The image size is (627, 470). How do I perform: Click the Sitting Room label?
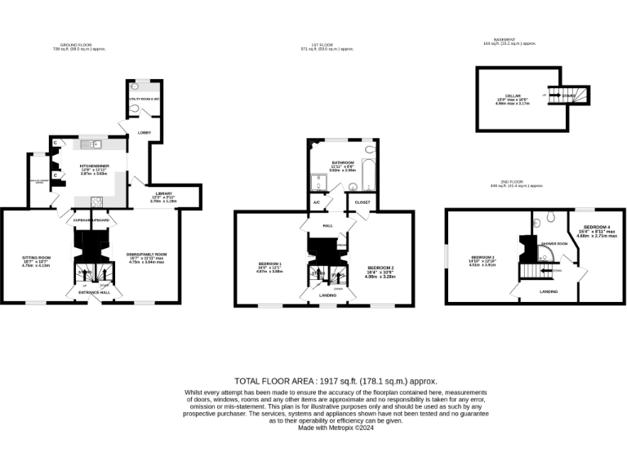[35, 261]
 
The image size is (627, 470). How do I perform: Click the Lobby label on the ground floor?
[145, 133]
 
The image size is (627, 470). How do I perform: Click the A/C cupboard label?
[316, 202]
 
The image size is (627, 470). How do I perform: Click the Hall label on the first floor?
[328, 225]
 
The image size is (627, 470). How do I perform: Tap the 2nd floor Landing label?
[549, 290]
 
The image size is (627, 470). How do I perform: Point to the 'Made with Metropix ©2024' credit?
[336, 428]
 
